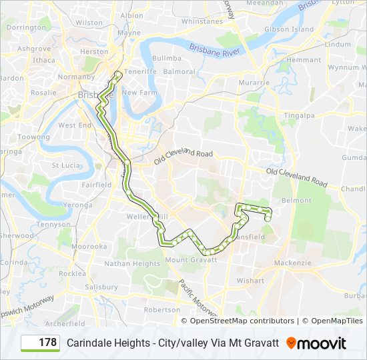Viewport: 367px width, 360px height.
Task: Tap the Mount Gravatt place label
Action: click(x=190, y=259)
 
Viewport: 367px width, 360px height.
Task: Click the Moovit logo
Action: click(x=317, y=343)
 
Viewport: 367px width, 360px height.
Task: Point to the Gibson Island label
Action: click(x=288, y=29)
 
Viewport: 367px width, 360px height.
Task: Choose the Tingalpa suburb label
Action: click(x=298, y=114)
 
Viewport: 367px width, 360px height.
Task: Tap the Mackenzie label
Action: click(x=292, y=263)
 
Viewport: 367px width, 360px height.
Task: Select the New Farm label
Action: click(x=138, y=93)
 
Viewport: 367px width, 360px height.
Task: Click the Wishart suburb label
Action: click(x=250, y=281)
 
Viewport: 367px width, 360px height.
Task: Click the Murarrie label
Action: click(x=254, y=82)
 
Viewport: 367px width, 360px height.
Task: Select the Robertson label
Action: click(x=161, y=309)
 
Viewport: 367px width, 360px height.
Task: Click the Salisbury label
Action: click(x=101, y=287)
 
